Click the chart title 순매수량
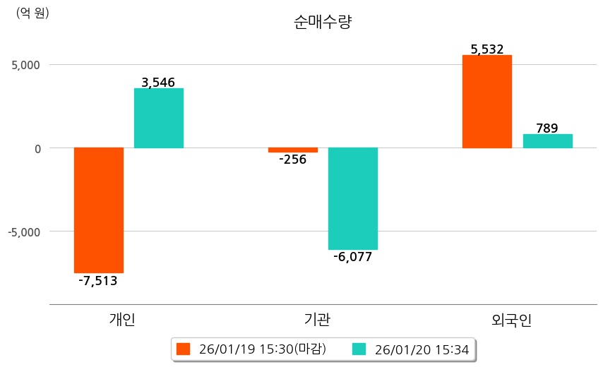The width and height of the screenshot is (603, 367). point(323,22)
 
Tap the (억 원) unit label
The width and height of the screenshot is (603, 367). point(32,13)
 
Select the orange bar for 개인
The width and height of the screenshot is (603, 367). point(99,210)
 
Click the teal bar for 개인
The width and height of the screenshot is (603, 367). point(159,118)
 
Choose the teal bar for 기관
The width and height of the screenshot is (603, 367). point(353,198)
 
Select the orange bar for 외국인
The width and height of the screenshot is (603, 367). point(486,102)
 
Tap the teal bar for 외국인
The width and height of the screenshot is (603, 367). point(547,140)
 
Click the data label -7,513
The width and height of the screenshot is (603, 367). point(98,281)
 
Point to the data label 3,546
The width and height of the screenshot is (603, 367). point(158,83)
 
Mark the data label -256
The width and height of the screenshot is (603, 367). point(292,160)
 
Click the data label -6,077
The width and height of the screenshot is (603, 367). point(353,257)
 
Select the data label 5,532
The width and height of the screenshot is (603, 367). point(486,49)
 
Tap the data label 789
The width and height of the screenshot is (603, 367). point(547,128)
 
